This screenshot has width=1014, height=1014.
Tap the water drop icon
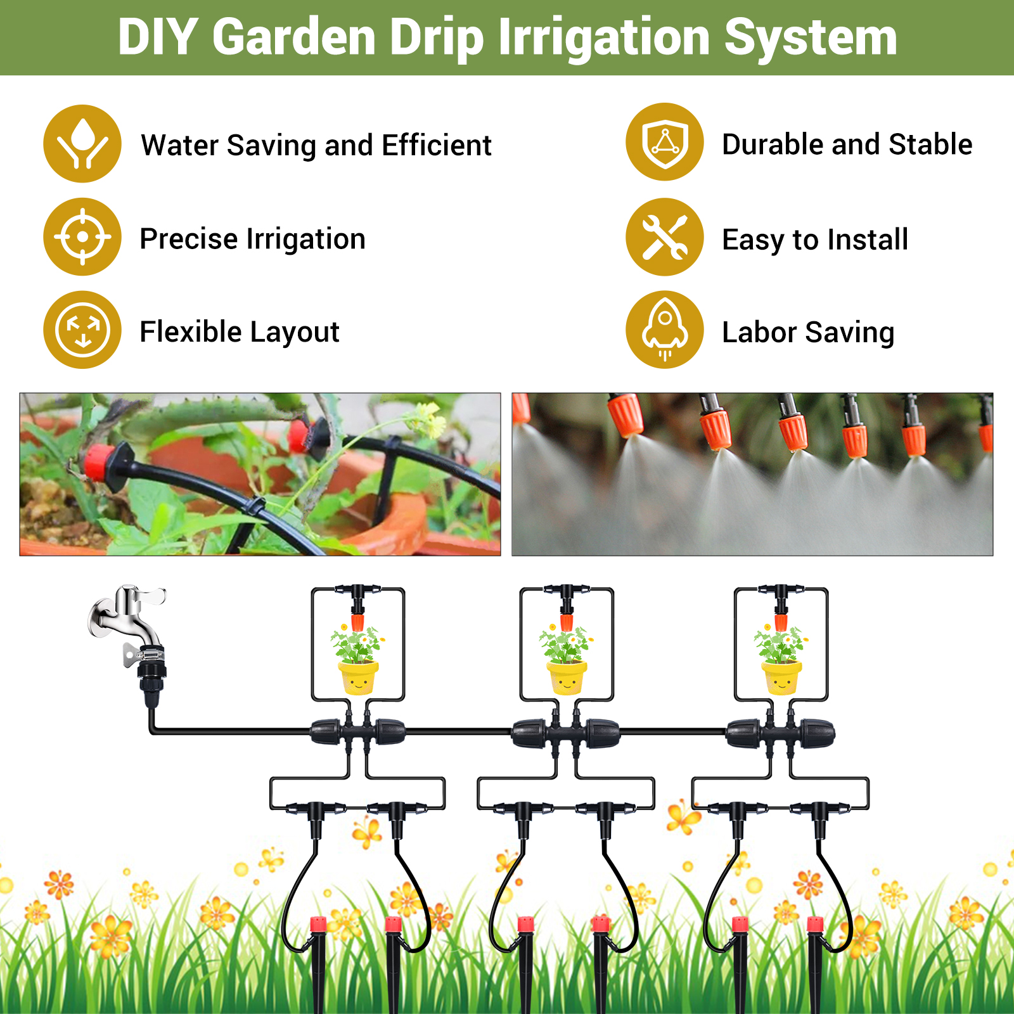click(82, 144)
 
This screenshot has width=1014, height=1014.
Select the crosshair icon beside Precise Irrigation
click(82, 237)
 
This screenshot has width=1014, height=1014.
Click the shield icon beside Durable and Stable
click(664, 142)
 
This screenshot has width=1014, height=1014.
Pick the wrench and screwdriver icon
click(664, 237)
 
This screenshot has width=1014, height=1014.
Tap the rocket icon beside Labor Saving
click(664, 330)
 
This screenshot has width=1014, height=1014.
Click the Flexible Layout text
click(240, 332)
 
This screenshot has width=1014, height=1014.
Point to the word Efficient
click(437, 145)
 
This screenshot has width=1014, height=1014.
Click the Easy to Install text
click(815, 240)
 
